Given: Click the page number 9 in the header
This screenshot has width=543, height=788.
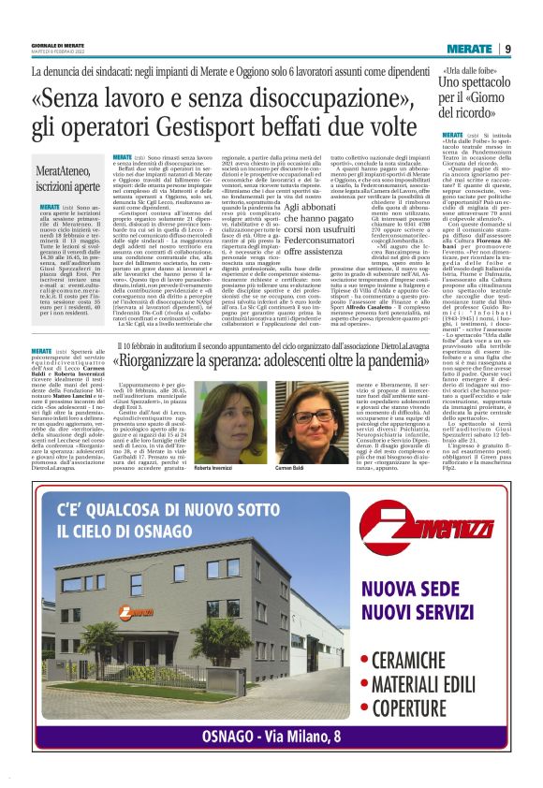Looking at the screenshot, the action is pyautogui.click(x=507, y=49).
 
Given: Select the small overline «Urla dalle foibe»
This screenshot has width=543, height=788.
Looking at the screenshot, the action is pyautogui.click(x=470, y=73).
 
